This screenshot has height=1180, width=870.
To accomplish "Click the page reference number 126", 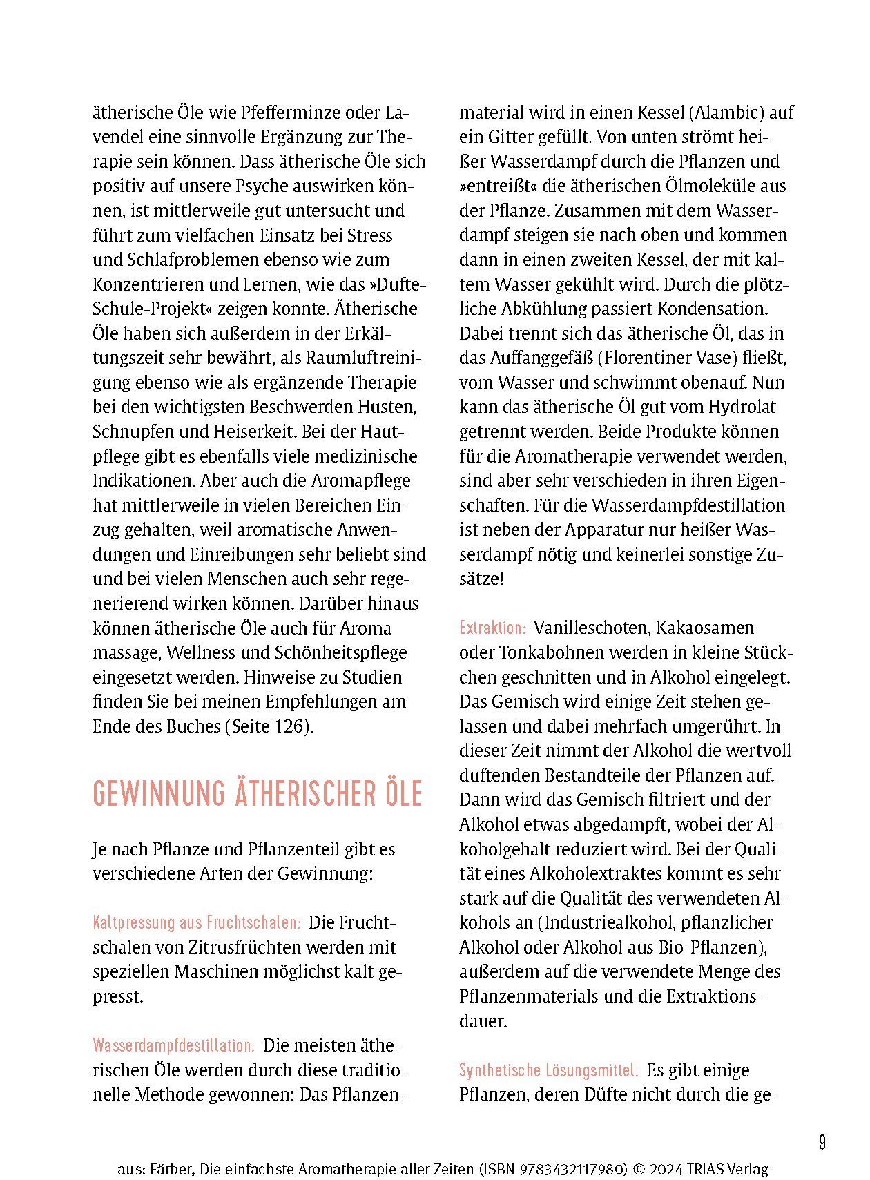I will tap(289, 727).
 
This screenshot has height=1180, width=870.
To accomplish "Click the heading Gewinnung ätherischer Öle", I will tap(257, 794).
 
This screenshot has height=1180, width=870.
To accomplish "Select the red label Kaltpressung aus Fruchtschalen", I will tap(197, 923).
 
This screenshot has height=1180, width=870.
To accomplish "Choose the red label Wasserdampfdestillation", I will tap(174, 1046).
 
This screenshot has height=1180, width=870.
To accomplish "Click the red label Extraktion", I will tap(492, 628).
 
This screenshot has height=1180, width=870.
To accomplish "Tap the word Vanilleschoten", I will tap(591, 628).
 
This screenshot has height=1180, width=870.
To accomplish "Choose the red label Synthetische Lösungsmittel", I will tap(549, 1071).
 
